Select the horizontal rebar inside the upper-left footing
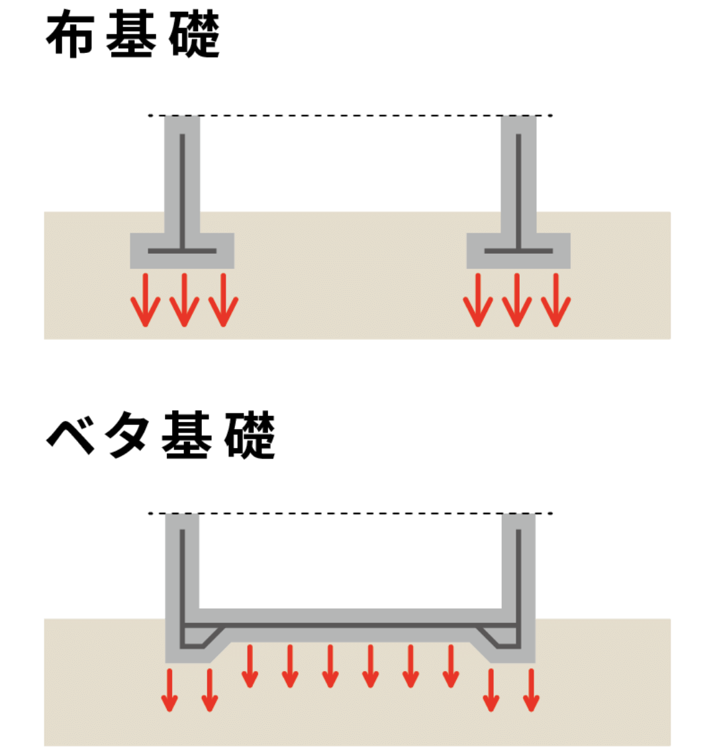pyautogui.click(x=182, y=251)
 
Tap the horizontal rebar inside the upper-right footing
pyautogui.click(x=518, y=251)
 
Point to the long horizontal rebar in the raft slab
pyautogui.click(x=351, y=625)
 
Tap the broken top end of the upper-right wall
pyautogui.click(x=518, y=118)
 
